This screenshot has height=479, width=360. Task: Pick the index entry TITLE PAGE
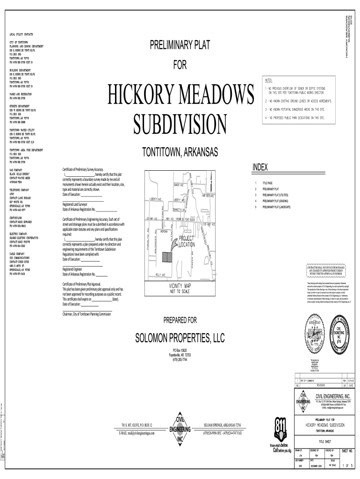tap(267, 183)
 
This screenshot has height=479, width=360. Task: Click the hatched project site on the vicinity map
tap(166, 257)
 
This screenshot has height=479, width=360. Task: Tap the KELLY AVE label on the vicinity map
tap(160, 275)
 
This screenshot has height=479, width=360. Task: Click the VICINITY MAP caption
tap(180, 286)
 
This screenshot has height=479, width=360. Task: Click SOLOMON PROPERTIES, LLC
tap(180, 337)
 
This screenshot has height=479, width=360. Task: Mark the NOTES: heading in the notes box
tap(271, 80)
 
